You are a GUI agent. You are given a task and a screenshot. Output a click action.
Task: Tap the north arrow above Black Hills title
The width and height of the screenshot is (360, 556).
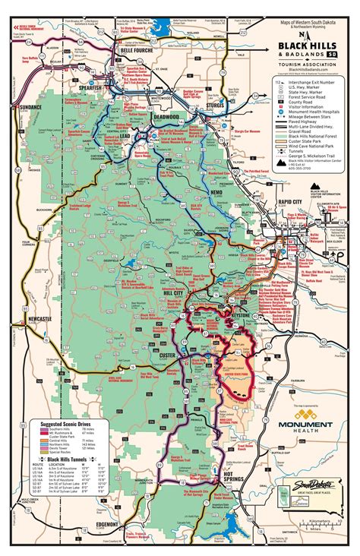click(306, 35)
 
